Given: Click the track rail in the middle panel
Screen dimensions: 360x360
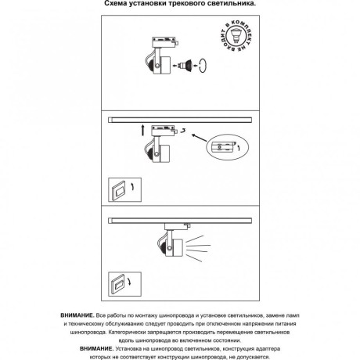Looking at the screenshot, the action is click(x=180, y=120).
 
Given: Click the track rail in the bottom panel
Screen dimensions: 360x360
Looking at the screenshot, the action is click(x=180, y=221).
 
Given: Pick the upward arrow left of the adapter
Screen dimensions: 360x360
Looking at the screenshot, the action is click(x=142, y=130).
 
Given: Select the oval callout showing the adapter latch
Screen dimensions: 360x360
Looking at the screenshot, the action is click(x=227, y=147).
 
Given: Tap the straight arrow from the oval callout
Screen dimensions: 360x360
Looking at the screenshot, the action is click(x=200, y=138).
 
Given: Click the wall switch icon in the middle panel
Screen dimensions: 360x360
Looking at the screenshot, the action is click(x=125, y=189).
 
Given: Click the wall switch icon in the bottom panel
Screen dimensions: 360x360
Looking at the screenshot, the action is click(x=125, y=284).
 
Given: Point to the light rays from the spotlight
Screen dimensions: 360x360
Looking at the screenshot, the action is click(x=198, y=248).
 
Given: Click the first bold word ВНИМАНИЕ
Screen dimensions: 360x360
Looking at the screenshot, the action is click(x=77, y=315).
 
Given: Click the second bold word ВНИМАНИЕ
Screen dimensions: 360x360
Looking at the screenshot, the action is click(x=97, y=349).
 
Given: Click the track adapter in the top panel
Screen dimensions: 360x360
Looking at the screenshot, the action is click(x=165, y=42).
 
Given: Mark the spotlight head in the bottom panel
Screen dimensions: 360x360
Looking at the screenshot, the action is click(x=171, y=247).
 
